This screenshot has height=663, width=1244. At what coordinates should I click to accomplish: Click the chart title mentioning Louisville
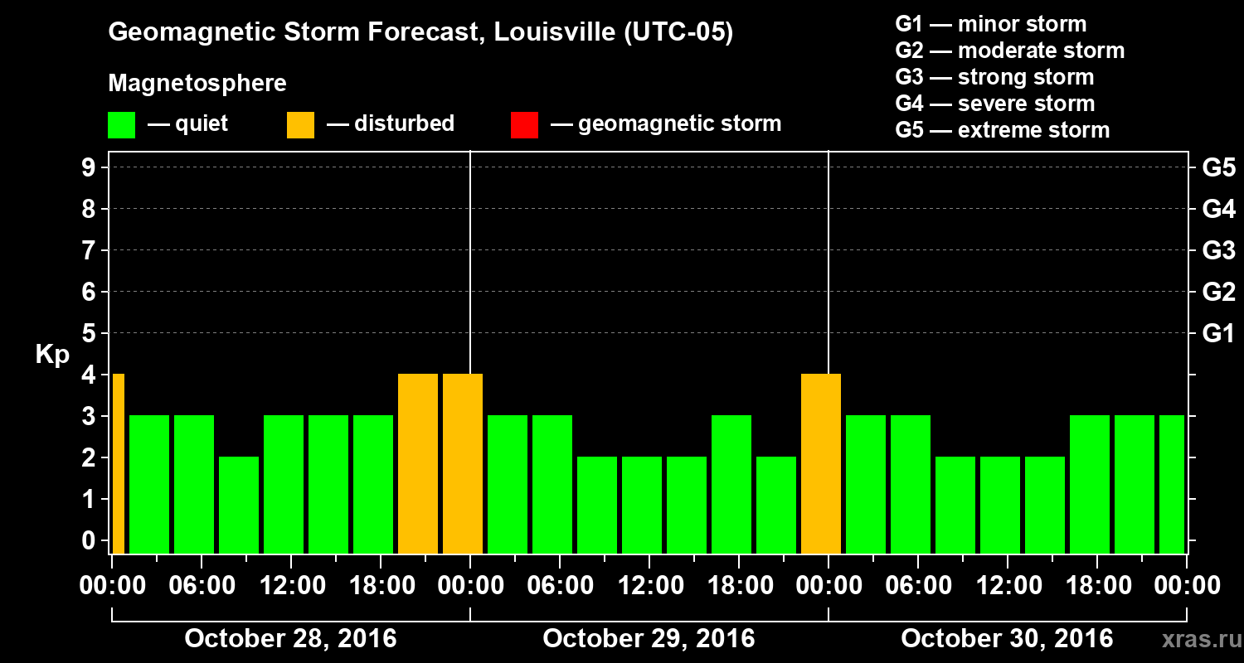(x=420, y=33)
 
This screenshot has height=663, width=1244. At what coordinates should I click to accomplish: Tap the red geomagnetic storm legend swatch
(x=524, y=124)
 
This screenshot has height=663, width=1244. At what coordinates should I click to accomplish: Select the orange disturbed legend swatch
(x=300, y=124)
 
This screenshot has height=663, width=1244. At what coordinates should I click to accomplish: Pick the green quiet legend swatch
(x=121, y=124)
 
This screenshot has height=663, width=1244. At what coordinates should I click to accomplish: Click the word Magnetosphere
(x=197, y=84)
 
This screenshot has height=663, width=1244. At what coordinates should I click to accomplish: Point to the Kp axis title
(x=52, y=355)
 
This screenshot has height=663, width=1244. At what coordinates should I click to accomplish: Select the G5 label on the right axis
(x=1218, y=168)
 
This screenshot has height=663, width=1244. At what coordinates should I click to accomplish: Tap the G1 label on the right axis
(x=1218, y=334)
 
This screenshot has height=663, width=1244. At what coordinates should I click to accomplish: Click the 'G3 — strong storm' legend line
(x=994, y=77)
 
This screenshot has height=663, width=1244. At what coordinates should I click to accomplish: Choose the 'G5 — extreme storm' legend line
(x=1002, y=130)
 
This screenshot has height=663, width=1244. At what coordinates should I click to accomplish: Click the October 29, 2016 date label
(x=649, y=639)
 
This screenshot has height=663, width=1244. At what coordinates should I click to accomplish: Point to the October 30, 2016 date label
(x=1007, y=639)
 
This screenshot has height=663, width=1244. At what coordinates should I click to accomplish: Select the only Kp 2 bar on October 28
(x=239, y=505)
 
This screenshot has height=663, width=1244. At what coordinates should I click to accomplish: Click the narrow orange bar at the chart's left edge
(x=119, y=463)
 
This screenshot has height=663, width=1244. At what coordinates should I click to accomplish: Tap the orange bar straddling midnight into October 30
(x=821, y=463)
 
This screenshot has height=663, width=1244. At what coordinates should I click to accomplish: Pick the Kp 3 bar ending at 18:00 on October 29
(x=731, y=484)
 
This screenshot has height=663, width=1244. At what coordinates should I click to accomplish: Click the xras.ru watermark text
(x=1196, y=640)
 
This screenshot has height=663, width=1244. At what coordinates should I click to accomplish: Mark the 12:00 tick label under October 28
(x=293, y=586)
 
